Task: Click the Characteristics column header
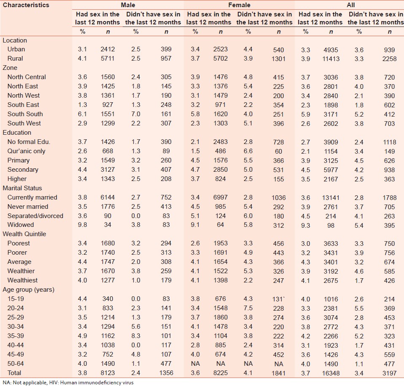26,5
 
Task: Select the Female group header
239,5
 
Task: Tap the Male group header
128,5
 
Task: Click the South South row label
25,114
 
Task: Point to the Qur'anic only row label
26,151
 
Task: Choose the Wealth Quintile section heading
24,234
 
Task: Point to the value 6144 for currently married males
107,197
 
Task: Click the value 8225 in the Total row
219,373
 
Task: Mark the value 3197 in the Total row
389,373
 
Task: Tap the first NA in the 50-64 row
195,364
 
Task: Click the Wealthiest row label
22,280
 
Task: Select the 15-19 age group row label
15,299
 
